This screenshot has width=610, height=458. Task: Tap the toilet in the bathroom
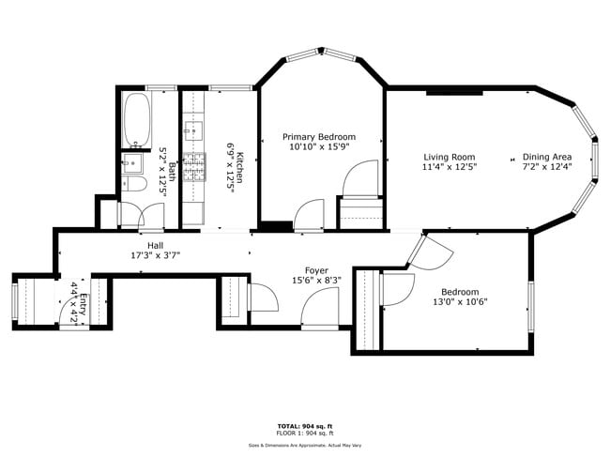pos(131,186)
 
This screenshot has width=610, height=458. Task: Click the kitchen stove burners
pos(195,166)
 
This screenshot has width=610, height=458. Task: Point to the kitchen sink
pos(196,129)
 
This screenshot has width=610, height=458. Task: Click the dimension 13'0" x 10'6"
pos(460,302)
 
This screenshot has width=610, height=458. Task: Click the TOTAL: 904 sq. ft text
pos(305,426)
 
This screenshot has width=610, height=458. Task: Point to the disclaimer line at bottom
pos(305,446)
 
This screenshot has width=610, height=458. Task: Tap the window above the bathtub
pos(161,88)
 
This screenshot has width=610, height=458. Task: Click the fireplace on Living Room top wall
pos(455,92)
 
